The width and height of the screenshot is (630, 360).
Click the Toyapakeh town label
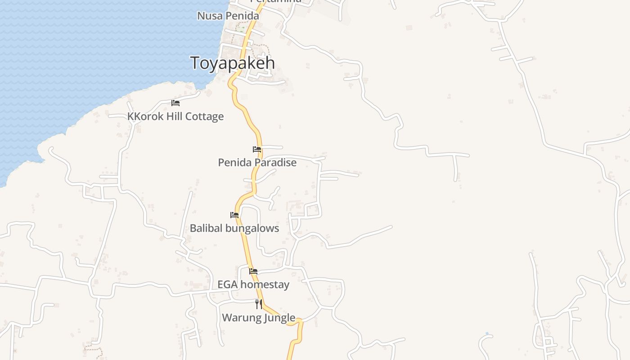[x=232, y=63]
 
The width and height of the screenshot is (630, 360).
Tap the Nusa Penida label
[x=228, y=16]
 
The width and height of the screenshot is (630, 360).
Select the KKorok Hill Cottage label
[x=175, y=117]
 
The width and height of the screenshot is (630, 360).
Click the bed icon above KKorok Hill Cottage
[x=175, y=103]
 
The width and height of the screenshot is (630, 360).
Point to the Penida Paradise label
[x=257, y=162]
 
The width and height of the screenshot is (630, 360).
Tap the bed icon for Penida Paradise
[x=257, y=149]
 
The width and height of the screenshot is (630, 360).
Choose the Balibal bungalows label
[x=234, y=228]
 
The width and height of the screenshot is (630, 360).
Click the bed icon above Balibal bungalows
[x=234, y=215]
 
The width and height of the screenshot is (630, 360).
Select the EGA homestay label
[x=253, y=284]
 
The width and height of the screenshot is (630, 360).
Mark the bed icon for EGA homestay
[x=253, y=271]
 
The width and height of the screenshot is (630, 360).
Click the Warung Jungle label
[x=258, y=317]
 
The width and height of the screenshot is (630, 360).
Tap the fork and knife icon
[x=259, y=304]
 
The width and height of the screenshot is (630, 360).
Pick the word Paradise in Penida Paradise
[x=276, y=162]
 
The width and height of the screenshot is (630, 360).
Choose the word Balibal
[x=206, y=228]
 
